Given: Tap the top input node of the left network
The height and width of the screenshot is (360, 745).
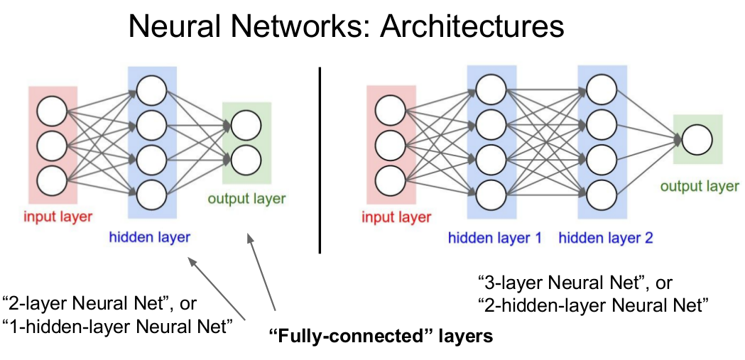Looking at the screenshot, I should point(53,112).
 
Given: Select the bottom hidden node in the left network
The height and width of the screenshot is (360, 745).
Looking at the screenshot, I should point(151,192).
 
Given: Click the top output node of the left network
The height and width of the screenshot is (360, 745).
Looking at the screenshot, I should point(245,126).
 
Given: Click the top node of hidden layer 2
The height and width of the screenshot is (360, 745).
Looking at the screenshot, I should point(601,89).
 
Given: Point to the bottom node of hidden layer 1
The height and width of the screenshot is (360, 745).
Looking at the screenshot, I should point(491,192).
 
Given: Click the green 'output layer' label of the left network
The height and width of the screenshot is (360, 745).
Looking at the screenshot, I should point(247,198).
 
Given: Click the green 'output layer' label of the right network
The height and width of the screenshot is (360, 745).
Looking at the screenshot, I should point(700,187).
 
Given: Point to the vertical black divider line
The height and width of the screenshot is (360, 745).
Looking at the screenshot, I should point(320,160).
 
